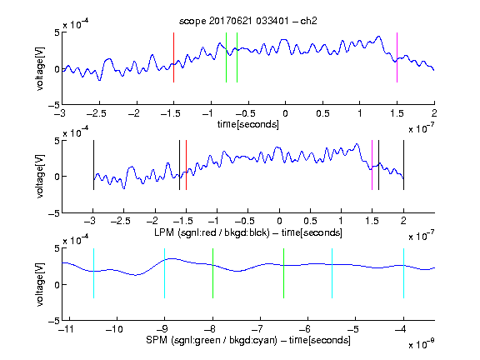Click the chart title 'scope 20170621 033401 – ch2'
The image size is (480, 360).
point(248,21)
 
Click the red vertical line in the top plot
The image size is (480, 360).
point(173,57)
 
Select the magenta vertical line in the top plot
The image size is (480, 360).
point(397,57)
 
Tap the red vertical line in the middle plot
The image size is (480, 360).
point(186,165)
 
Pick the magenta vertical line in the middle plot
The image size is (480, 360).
point(372,165)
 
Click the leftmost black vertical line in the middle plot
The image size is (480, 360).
point(93,165)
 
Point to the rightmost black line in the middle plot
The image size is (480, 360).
point(403,165)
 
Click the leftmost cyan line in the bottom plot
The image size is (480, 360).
point(93,273)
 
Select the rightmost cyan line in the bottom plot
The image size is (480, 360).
point(403,273)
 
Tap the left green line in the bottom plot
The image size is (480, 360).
point(212,273)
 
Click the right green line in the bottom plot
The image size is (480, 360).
point(284,273)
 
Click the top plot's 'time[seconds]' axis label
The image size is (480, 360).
point(248,124)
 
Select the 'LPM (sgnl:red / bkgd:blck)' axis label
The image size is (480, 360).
point(212,232)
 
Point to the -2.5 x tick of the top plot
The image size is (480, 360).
point(97,113)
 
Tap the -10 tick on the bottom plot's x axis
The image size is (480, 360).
point(114,329)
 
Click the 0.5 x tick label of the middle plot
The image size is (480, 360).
point(310,221)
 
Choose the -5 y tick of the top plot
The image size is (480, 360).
point(54,105)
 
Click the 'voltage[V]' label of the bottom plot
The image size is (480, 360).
point(40,284)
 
